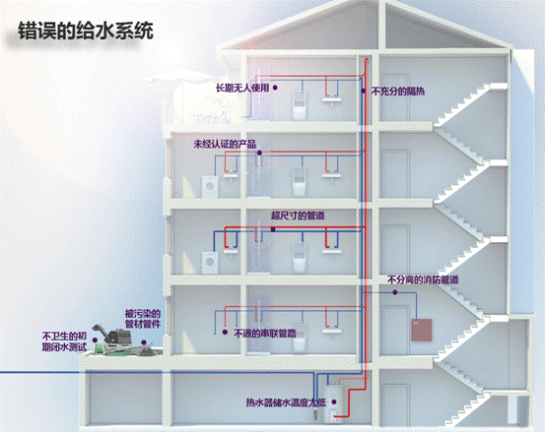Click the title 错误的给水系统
(x=86, y=31)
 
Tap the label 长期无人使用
(x=242, y=88)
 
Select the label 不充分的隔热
(x=398, y=92)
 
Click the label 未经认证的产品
(x=225, y=144)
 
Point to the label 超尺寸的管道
(x=298, y=216)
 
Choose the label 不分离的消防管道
(x=423, y=279)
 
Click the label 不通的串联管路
(x=265, y=334)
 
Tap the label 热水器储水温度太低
(x=286, y=402)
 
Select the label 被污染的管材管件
(x=143, y=319)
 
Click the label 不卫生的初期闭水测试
(x=64, y=341)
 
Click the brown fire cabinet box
(x=422, y=330)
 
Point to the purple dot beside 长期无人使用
(x=275, y=88)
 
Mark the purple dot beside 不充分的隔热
(x=364, y=91)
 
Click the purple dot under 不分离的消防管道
(x=395, y=292)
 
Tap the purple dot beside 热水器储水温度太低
(x=334, y=402)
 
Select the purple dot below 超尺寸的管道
(x=273, y=229)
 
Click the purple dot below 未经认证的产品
(x=259, y=153)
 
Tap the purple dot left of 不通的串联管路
(x=225, y=332)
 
